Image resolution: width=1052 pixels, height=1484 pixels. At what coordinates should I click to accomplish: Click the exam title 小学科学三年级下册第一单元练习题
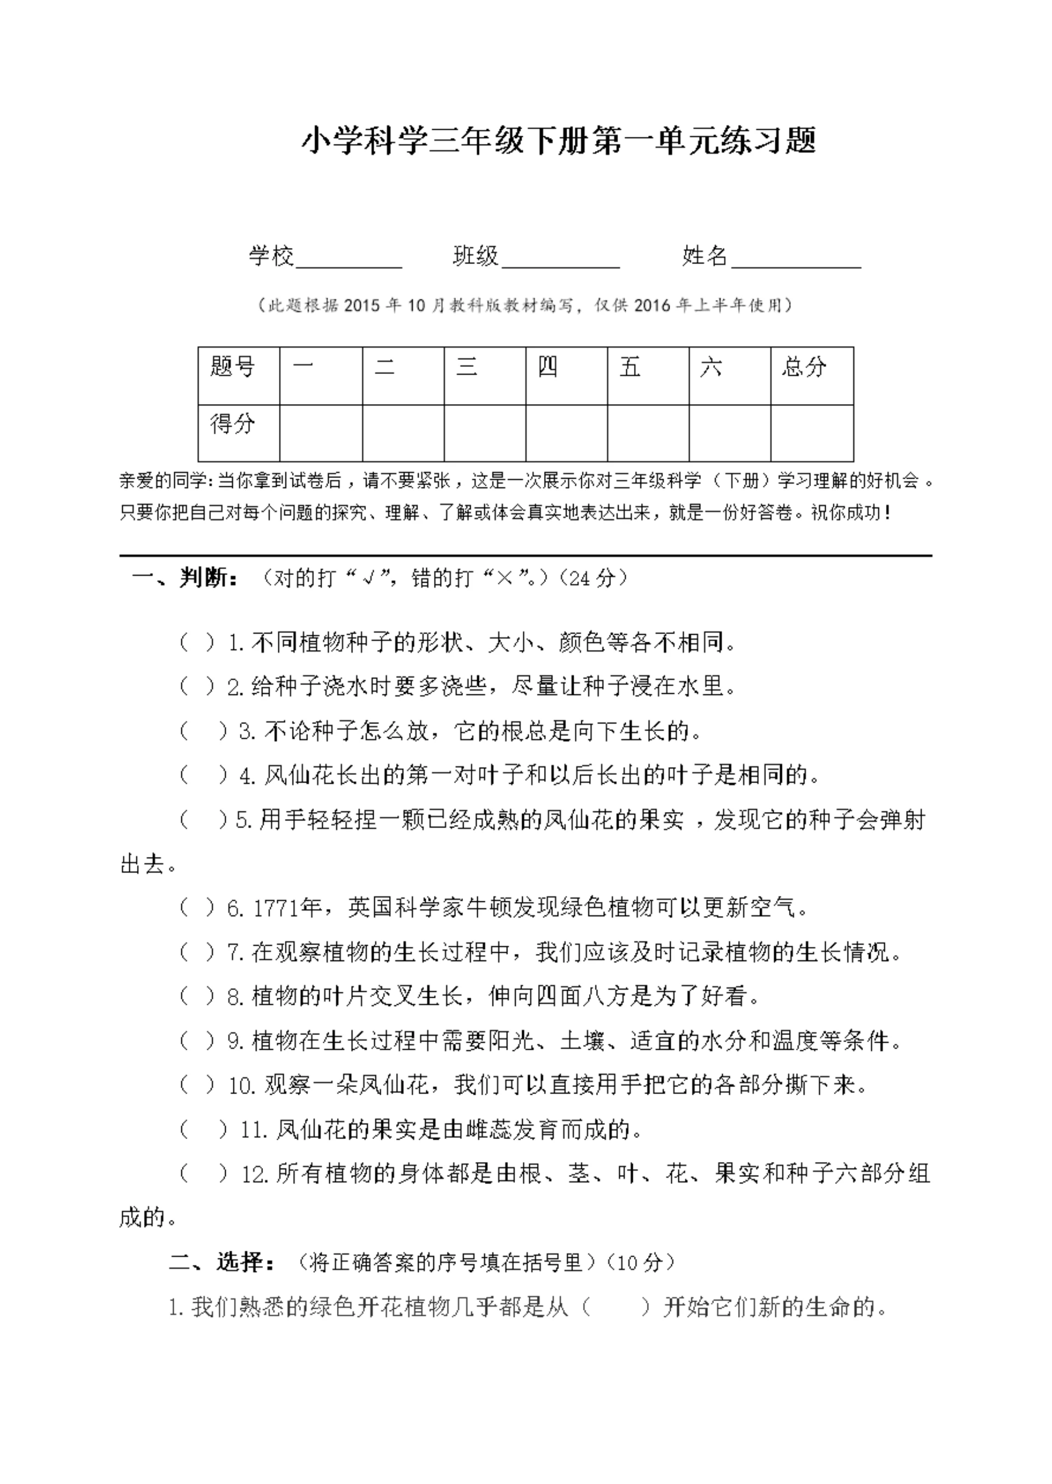coord(558,141)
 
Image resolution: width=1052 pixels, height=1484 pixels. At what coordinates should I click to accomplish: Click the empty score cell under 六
coord(729,433)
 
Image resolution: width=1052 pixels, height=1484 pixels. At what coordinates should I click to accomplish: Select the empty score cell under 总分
coord(811,433)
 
